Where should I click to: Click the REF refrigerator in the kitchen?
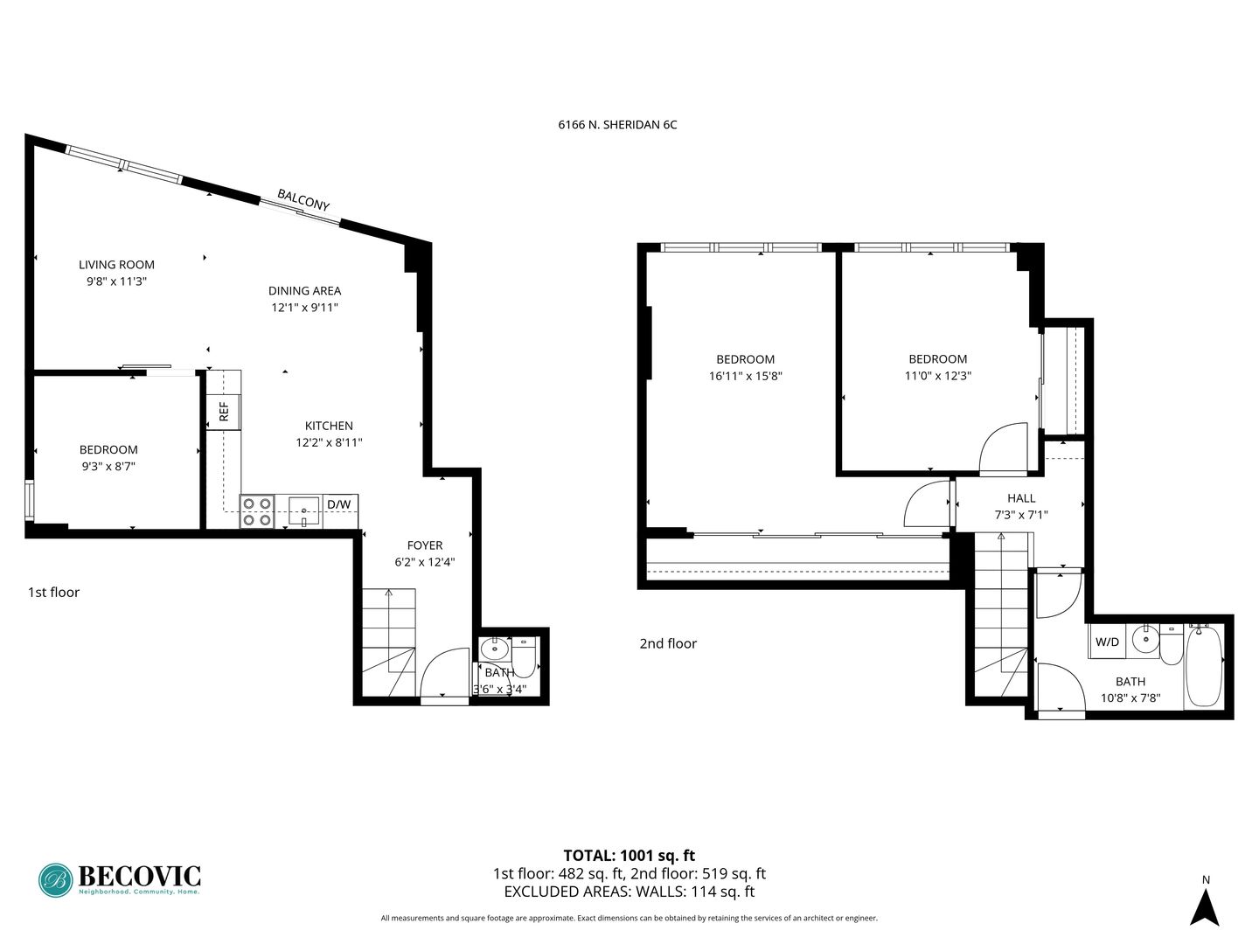(x=224, y=412)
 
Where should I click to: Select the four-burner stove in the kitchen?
(x=257, y=511)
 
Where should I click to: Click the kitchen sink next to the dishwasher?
(x=304, y=511)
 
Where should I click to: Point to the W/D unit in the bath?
(x=1107, y=642)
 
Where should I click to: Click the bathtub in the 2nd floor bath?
(x=1205, y=667)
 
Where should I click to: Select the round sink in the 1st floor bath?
(x=495, y=649)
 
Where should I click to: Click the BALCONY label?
(x=303, y=200)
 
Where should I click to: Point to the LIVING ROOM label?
(x=116, y=265)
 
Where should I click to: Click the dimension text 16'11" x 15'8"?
(x=746, y=376)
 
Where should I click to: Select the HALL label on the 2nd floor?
(x=1021, y=498)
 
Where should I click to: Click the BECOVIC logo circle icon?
(x=56, y=880)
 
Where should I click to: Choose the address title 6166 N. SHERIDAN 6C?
(x=618, y=124)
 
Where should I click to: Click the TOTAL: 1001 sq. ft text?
(x=629, y=856)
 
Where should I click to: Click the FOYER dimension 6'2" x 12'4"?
(x=425, y=562)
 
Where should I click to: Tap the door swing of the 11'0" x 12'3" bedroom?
(x=1004, y=449)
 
